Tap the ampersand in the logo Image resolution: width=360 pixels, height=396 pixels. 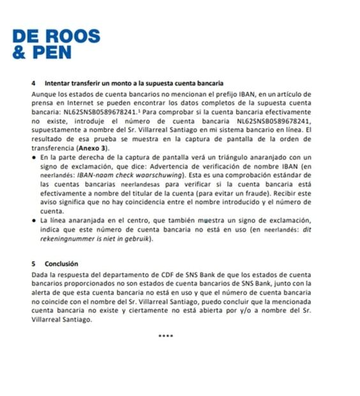pos(19,52)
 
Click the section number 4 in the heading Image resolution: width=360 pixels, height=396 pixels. pos(33,83)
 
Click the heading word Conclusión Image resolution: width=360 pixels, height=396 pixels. pos(61,263)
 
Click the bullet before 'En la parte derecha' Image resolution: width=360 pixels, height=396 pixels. pos(33,156)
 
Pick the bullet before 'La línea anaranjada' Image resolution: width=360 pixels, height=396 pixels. pos(33,219)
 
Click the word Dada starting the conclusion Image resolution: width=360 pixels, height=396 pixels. pos(41,273)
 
